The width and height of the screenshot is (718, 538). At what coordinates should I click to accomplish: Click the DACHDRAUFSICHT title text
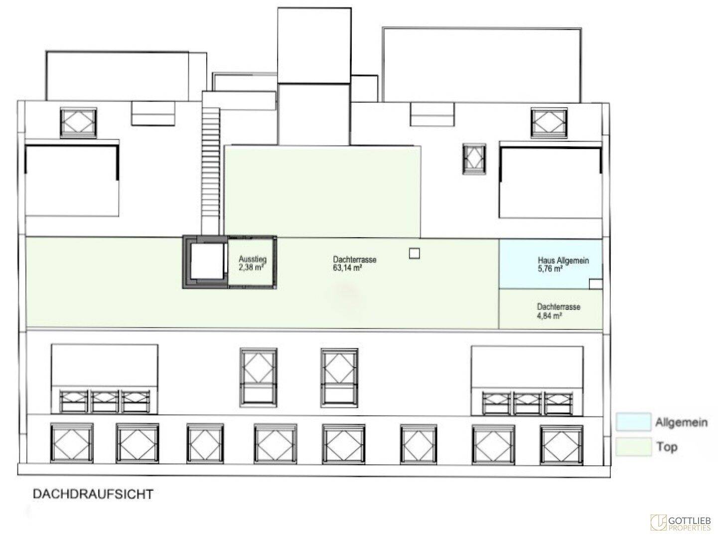coord(93,494)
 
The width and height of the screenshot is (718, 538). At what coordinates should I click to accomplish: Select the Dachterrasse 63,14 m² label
coord(355,264)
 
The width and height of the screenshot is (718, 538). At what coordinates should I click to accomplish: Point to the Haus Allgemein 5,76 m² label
coord(563,265)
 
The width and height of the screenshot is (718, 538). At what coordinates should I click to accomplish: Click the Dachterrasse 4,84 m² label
coord(559,311)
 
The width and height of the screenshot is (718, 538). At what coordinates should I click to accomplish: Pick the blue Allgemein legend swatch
coord(633,421)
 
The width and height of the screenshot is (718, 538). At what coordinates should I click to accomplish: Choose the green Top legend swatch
coord(633,446)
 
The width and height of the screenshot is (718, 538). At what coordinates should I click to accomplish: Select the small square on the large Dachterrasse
coord(415,254)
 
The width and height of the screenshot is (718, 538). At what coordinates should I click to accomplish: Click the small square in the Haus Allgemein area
coord(595,284)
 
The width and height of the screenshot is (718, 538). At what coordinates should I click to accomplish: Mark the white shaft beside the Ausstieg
coord(208,262)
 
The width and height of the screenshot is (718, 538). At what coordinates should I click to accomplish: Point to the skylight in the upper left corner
coord(79,123)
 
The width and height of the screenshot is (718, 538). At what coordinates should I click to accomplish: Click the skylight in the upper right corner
coord(549,123)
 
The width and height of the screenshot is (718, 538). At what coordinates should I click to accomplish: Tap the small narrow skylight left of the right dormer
coord(474,159)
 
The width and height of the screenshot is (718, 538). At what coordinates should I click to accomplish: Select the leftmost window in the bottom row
coord(72,443)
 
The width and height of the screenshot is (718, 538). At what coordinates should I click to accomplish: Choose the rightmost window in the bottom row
coord(562,444)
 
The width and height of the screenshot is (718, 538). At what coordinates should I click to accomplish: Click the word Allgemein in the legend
coord(681,422)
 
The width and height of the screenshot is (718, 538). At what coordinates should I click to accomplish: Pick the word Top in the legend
coord(667,447)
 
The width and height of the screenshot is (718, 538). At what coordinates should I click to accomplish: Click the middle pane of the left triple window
coord(105,401)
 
